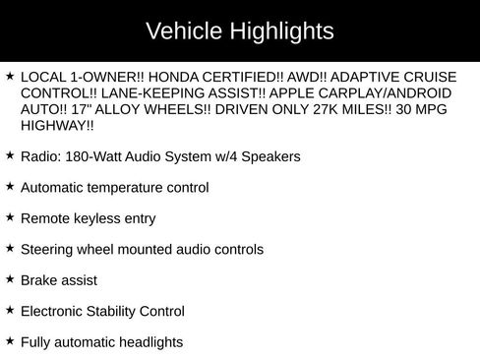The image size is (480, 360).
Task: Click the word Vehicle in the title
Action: pyautogui.click(x=180, y=31)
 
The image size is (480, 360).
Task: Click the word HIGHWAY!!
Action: pyautogui.click(x=58, y=128)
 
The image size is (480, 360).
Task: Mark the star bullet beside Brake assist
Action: pyautogui.click(x=9, y=279)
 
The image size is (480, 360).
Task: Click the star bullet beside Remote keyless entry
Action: pyautogui.click(x=9, y=217)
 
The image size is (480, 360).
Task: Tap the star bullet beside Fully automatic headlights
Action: pyautogui.click(x=9, y=340)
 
